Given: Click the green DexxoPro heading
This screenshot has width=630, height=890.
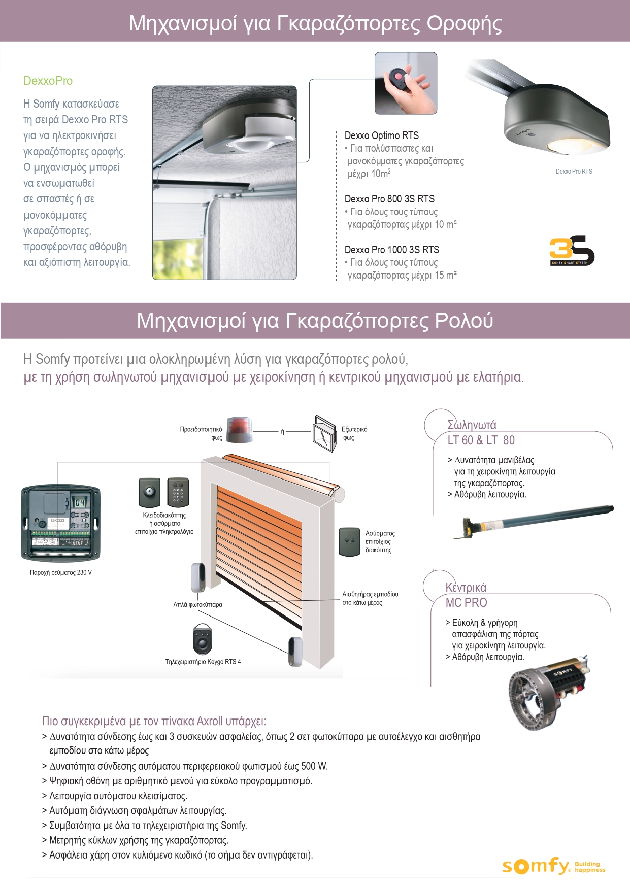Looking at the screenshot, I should click(x=48, y=81).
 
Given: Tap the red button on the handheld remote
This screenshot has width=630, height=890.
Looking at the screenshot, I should click(x=398, y=77).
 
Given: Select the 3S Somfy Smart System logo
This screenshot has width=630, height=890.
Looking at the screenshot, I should click(x=572, y=251).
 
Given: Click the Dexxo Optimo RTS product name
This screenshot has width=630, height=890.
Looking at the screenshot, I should click(x=382, y=135).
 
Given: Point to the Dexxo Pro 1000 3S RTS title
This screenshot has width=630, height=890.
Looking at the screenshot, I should click(x=392, y=250).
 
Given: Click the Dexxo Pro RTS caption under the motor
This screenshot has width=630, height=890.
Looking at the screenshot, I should click(x=574, y=172).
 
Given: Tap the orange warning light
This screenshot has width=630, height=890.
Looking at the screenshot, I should click(x=239, y=430).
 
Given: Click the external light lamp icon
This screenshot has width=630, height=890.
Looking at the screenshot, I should click(x=324, y=433).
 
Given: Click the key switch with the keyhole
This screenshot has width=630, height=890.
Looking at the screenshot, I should click(x=149, y=492).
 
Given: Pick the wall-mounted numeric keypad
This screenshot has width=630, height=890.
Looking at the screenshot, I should click(x=178, y=492).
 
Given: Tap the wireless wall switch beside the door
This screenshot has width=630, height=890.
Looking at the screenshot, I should click(x=349, y=541).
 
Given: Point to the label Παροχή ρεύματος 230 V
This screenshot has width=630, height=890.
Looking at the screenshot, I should click(x=61, y=573).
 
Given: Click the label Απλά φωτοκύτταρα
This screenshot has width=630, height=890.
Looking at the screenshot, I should click(x=197, y=605).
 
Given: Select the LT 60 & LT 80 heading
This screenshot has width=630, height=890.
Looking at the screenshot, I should click(x=481, y=440).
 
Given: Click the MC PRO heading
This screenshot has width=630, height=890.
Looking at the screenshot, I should click(x=466, y=603).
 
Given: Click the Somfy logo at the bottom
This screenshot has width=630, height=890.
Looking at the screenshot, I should click(x=536, y=866).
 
